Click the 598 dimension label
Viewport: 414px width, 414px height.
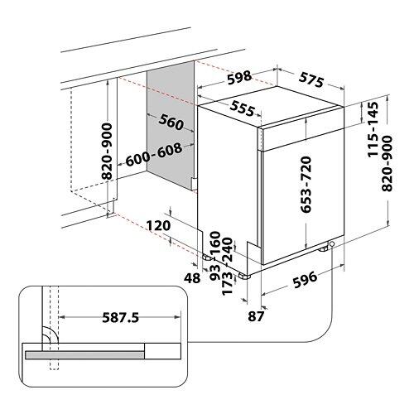click(239, 77)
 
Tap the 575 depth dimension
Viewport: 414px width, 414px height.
click(311, 79)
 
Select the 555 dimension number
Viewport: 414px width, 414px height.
click(243, 108)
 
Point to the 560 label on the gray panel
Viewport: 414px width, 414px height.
click(171, 123)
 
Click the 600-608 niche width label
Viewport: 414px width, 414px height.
click(154, 154)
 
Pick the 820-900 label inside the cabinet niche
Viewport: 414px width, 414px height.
click(107, 152)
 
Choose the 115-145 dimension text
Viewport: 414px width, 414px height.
click(373, 130)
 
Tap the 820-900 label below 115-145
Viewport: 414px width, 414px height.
click(387, 163)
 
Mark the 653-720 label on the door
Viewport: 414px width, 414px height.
click(306, 185)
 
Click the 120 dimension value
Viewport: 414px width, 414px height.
click(158, 225)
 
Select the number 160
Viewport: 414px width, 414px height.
click(215, 243)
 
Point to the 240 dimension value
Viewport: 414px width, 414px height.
click(227, 249)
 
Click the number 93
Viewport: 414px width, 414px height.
click(215, 272)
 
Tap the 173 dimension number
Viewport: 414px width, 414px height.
click(227, 284)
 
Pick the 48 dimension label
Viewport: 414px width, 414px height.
click(192, 278)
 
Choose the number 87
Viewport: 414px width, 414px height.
click(256, 316)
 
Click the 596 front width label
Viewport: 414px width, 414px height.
click(305, 279)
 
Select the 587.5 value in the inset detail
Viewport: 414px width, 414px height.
click(121, 317)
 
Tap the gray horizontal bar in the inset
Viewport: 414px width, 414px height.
click(84, 355)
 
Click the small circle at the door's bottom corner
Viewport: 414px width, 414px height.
click(331, 244)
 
